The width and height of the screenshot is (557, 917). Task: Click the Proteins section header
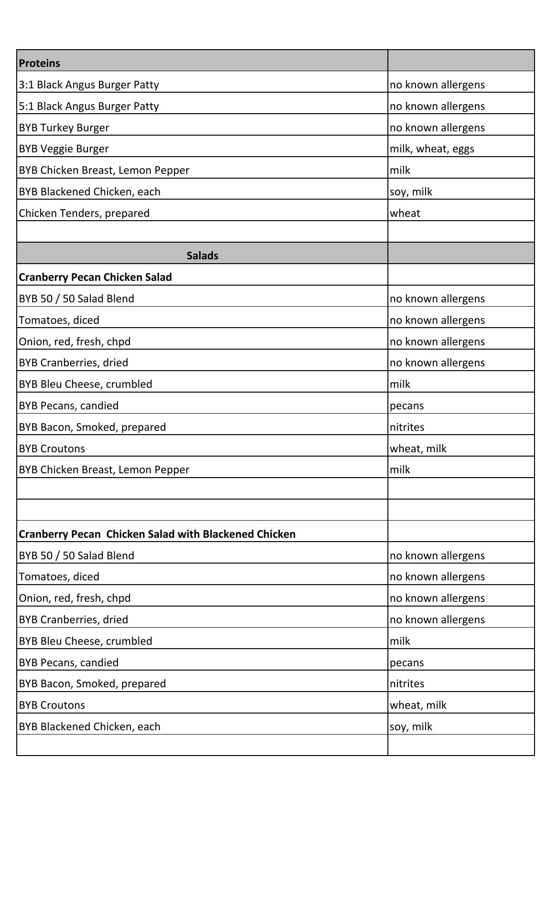click(40, 63)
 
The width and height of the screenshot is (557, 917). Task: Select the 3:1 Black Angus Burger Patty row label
click(89, 85)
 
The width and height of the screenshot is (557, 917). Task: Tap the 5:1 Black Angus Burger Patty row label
click(89, 106)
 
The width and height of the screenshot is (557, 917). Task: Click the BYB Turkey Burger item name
click(64, 128)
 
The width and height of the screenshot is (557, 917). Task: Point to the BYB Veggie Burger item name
click(64, 149)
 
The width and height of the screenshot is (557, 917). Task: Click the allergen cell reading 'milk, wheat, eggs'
click(432, 149)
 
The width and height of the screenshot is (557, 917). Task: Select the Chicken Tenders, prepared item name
click(84, 213)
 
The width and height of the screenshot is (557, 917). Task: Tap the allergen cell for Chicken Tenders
click(405, 213)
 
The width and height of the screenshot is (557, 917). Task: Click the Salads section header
click(202, 256)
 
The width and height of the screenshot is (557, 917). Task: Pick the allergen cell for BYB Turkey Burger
click(437, 128)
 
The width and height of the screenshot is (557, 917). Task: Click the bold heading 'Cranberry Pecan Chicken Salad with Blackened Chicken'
click(157, 534)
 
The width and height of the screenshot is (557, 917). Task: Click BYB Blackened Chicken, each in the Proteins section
click(90, 192)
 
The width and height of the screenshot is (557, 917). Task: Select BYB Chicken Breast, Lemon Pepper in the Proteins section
click(104, 170)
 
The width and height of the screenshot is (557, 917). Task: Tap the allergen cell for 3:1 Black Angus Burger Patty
click(437, 85)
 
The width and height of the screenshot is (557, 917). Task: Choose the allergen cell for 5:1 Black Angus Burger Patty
click(437, 106)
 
